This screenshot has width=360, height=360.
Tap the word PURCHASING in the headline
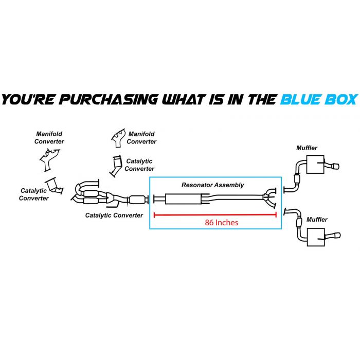click(91, 99)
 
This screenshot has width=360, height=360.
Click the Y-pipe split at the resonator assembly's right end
click(268, 199)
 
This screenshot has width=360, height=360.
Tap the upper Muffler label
click(307, 148)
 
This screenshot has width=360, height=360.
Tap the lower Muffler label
click(316, 220)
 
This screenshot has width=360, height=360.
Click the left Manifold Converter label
click(49, 138)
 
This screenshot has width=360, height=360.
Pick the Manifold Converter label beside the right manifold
click(141, 138)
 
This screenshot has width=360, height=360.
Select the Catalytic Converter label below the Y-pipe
click(114, 215)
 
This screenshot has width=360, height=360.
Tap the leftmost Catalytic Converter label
click(33, 194)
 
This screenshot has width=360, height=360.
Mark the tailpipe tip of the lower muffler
click(336, 237)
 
